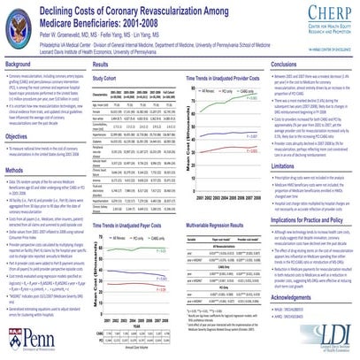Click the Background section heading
[x=20, y=65]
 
